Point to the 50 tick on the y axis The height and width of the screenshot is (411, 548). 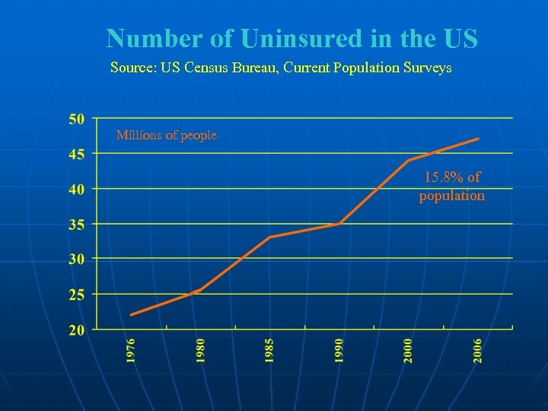click(76, 119)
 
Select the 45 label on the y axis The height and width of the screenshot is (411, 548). click(76, 154)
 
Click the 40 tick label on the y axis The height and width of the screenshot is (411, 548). click(76, 190)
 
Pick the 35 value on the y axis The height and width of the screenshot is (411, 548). click(76, 225)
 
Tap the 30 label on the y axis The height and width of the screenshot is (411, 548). click(76, 260)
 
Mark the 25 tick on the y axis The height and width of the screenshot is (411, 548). click(76, 295)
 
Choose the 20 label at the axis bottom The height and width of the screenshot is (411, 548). click(76, 330)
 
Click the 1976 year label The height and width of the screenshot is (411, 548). click(132, 351)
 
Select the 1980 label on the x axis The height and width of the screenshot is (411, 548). click(201, 351)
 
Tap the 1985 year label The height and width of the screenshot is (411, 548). click(270, 351)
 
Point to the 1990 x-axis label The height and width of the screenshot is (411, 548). click(339, 351)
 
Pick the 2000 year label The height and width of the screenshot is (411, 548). click(409, 351)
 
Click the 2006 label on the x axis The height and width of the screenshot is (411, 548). click(478, 351)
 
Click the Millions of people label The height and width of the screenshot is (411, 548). click(166, 135)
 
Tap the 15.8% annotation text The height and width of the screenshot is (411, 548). click(452, 178)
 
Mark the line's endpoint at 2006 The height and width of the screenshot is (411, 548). click(478, 139)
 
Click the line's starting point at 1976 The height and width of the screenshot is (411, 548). click(131, 314)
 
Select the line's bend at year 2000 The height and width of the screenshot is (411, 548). click(409, 161)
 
